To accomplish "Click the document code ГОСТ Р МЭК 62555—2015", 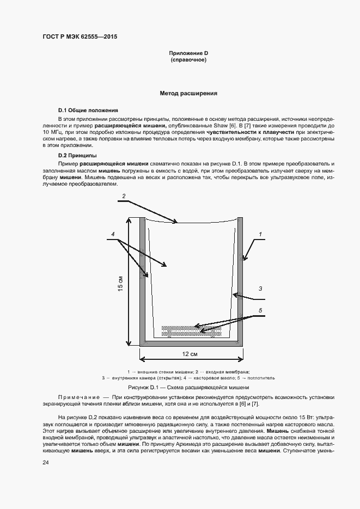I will [x=80, y=37].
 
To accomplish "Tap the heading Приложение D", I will [x=188, y=53].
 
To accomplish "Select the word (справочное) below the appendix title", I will [x=188, y=59].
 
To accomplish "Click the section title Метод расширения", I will [x=188, y=93].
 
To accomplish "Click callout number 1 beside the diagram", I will [x=260, y=234].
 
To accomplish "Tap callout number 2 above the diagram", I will [x=124, y=195].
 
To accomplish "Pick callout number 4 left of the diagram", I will [x=113, y=234].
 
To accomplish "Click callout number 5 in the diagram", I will [x=260, y=310].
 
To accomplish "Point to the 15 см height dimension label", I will [x=120, y=283].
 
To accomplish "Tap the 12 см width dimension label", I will [x=190, y=354].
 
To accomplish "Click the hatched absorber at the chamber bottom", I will [x=191, y=330].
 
